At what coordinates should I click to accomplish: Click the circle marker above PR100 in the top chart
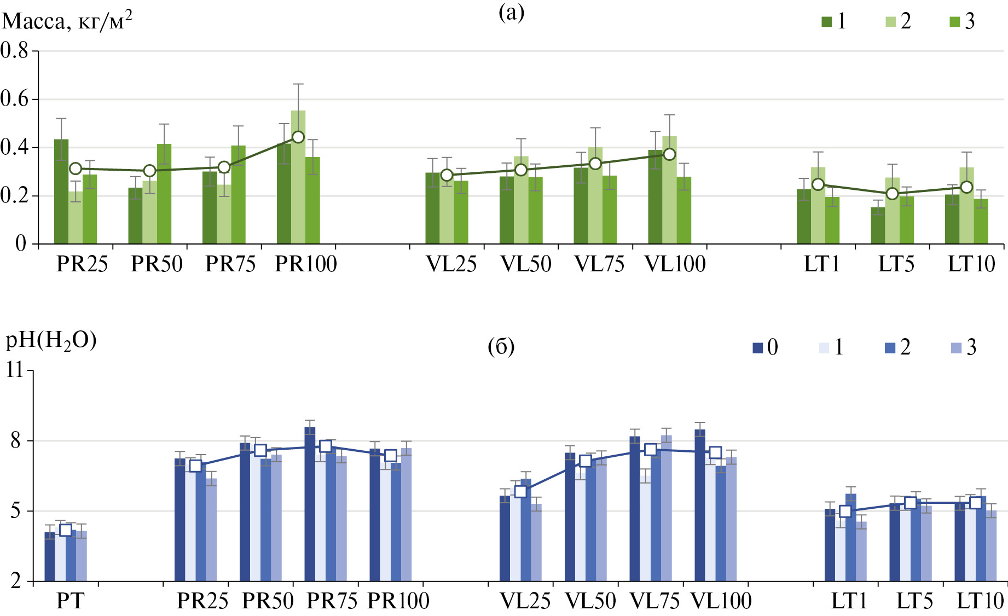click(298, 137)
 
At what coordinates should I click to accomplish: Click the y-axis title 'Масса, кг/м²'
click(67, 21)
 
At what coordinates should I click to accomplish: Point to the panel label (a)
click(511, 13)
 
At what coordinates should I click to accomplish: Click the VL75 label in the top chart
click(599, 264)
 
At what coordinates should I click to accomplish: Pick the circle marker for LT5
click(892, 194)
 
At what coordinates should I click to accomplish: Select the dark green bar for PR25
click(61, 191)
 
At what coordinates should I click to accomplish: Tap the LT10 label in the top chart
click(971, 264)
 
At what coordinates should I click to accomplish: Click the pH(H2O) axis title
click(51, 341)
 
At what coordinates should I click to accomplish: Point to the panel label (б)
click(501, 347)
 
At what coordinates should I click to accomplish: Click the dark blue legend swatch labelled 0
click(758, 348)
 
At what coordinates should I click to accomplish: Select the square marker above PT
click(66, 530)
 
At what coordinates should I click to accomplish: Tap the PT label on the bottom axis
click(70, 601)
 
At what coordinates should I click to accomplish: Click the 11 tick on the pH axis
click(15, 370)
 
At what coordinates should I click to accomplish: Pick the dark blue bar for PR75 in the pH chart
click(310, 503)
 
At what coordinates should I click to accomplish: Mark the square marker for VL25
click(520, 491)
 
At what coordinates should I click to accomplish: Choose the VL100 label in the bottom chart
click(721, 601)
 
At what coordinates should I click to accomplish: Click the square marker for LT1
click(845, 512)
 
